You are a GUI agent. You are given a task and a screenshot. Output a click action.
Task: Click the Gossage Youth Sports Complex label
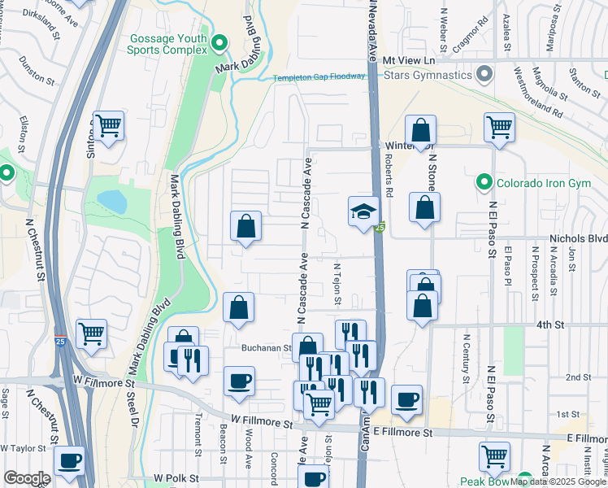(167, 44)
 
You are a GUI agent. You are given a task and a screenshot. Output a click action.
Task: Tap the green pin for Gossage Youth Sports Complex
(219, 43)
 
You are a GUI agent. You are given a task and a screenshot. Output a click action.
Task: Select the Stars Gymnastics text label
(428, 75)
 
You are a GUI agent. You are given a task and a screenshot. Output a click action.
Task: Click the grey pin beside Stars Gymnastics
(485, 75)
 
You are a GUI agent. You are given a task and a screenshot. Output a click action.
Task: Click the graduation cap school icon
(363, 212)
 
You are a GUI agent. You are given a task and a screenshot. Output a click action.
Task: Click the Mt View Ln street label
(410, 60)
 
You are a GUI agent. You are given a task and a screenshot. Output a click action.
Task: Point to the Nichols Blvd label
(578, 238)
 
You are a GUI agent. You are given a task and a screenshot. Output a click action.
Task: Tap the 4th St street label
(549, 325)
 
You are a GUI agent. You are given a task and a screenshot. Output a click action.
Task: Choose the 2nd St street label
(578, 377)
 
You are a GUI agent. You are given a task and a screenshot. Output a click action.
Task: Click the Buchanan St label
(267, 347)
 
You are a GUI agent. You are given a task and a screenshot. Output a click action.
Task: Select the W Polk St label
(176, 479)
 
